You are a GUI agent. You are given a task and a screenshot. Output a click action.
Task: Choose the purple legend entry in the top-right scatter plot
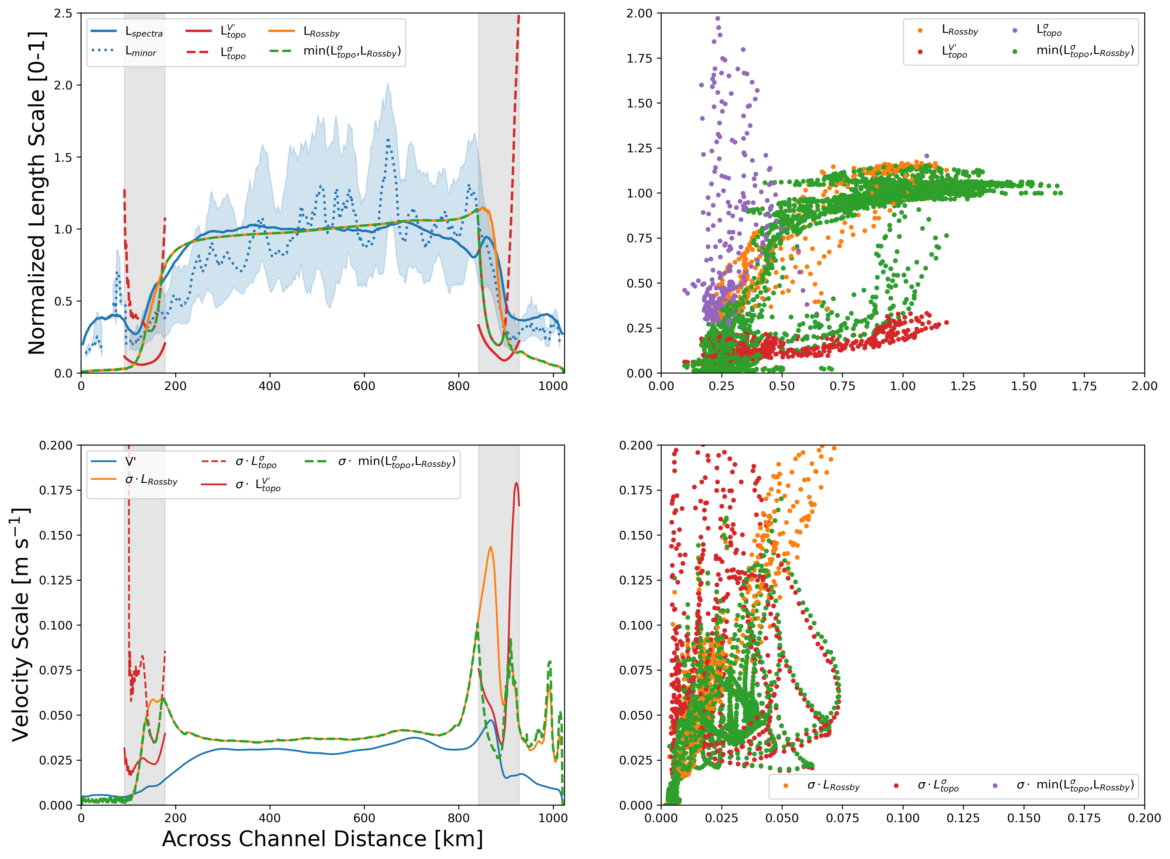point(1048,30)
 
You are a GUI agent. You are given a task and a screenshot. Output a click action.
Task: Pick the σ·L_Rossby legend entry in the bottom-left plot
point(151,480)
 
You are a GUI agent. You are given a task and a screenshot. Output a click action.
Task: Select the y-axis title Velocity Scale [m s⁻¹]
point(21,624)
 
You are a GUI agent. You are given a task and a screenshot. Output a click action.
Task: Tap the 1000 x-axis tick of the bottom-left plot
point(552,818)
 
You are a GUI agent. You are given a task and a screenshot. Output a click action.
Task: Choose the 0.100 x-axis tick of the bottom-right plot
point(903,818)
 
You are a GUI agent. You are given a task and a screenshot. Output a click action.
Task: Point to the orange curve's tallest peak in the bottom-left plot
point(490,547)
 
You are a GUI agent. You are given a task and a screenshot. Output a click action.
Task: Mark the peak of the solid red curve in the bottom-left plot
point(516,483)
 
